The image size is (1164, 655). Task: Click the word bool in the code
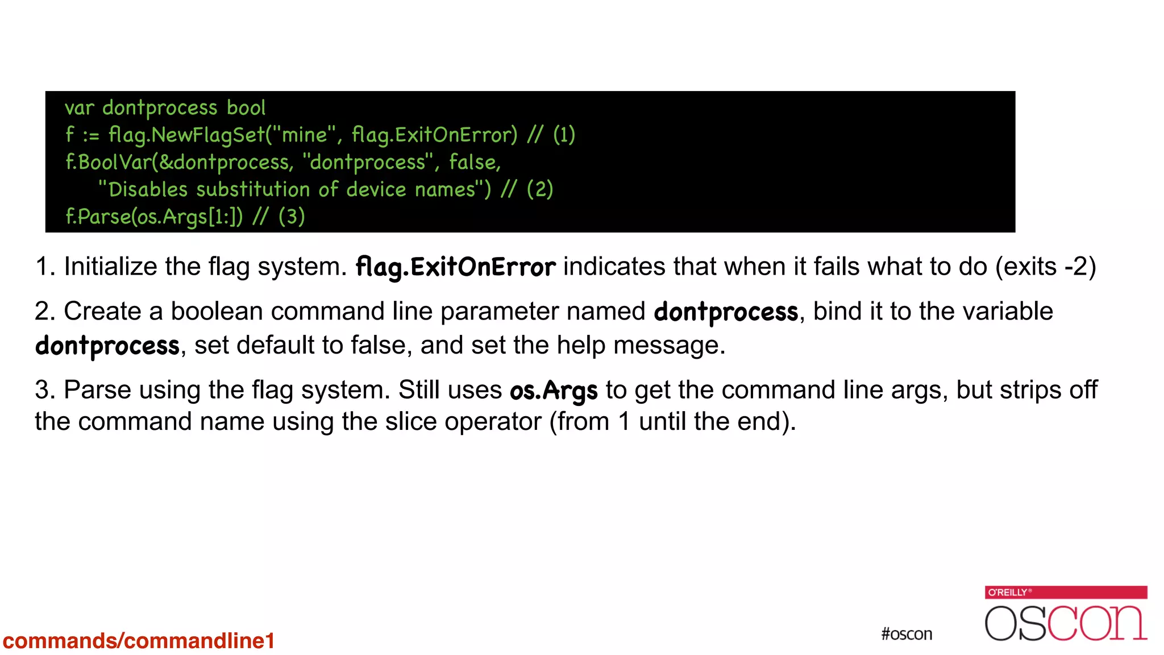click(x=246, y=107)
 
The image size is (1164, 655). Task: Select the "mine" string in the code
click(x=305, y=135)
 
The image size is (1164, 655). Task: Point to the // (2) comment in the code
click(x=527, y=189)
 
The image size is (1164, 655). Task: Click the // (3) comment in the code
click(x=279, y=217)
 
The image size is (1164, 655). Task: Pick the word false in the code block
click(x=474, y=162)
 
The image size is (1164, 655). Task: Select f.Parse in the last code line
click(x=98, y=217)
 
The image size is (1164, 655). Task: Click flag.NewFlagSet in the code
click(x=186, y=135)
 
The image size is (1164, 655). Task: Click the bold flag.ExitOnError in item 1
click(x=455, y=267)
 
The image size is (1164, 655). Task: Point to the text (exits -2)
click(x=1045, y=267)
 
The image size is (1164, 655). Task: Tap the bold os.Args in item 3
click(x=554, y=391)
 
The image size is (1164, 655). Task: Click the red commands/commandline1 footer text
click(x=139, y=641)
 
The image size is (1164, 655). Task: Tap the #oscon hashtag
click(x=907, y=634)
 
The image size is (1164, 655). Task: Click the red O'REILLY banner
click(x=1066, y=592)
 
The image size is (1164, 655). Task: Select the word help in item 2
click(x=581, y=345)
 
